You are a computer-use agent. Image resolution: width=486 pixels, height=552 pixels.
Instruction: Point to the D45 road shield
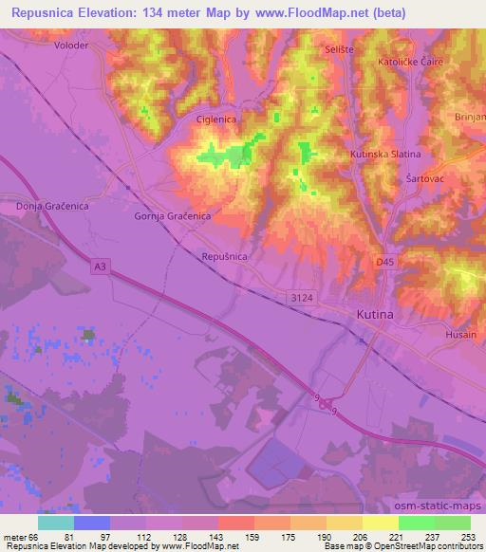pyautogui.click(x=384, y=261)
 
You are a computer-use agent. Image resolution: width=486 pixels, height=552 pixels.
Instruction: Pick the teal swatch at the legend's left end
pyautogui.click(x=56, y=522)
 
